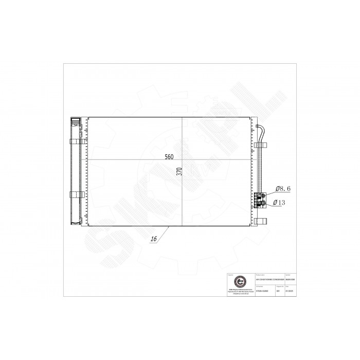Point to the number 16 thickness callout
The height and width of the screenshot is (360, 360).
click(154, 239)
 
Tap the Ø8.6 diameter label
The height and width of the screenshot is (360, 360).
click(283, 189)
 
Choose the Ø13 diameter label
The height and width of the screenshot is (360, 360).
click(281, 202)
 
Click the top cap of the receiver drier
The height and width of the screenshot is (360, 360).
click(75, 122)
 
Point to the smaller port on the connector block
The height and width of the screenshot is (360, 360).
click(263, 194)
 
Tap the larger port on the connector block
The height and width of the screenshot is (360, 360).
click(263, 203)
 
